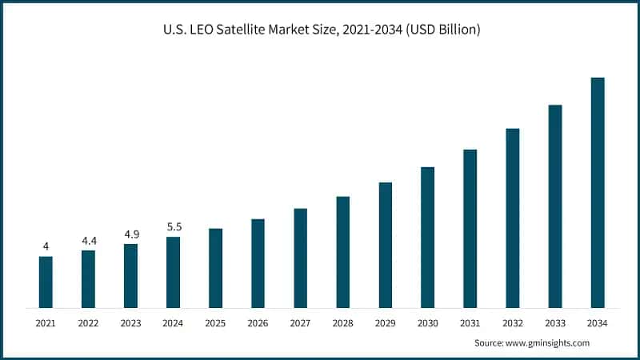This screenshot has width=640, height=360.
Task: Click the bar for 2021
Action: point(46,282)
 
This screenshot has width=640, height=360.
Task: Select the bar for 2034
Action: point(597,193)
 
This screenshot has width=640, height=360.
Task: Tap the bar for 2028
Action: point(342,252)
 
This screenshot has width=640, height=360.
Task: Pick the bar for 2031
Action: point(470,228)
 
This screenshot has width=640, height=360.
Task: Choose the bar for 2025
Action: point(215,268)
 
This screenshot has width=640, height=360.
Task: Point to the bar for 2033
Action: point(554,206)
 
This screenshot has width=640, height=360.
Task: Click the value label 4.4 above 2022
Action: point(88,240)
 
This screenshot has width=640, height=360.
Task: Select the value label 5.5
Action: point(173,226)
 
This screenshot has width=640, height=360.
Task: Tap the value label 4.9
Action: point(130,234)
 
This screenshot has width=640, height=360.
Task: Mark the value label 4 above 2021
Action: point(46,246)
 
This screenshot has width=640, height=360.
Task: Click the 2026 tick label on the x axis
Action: point(258,322)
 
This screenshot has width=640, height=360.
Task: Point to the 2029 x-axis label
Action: point(385,322)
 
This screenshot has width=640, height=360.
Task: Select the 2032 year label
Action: point(512,322)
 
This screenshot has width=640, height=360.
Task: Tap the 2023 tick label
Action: point(130,322)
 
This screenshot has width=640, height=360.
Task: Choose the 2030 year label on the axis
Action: point(427,322)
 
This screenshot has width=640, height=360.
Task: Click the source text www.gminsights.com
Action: point(549,342)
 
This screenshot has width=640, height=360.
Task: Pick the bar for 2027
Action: point(300,258)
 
